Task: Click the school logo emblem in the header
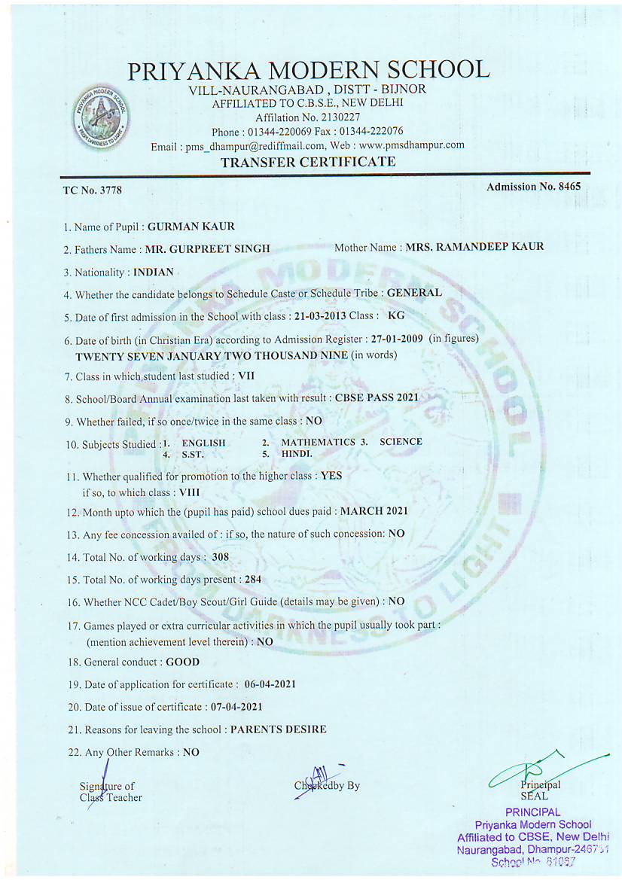point(101,117)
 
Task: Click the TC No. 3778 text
point(92,190)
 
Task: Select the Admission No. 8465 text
point(533,187)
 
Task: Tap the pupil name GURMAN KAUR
point(191,226)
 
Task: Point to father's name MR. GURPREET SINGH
point(207,249)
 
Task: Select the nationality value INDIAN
point(153,272)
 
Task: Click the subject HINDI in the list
point(297,455)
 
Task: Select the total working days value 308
point(221,557)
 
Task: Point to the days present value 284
point(252,580)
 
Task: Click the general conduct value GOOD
point(183,662)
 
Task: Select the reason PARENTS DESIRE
point(279,729)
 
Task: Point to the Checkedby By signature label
point(328,785)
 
